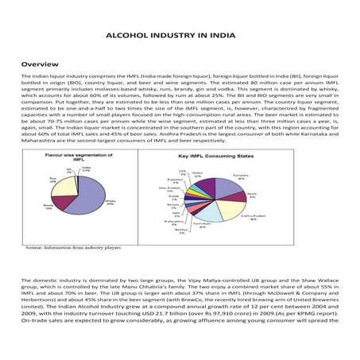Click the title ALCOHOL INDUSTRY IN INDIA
pyautogui.click(x=180, y=36)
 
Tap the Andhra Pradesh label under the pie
pyautogui.click(x=251, y=217)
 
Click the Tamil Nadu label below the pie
pyautogui.click(x=203, y=226)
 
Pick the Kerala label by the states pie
pyautogui.click(x=252, y=193)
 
